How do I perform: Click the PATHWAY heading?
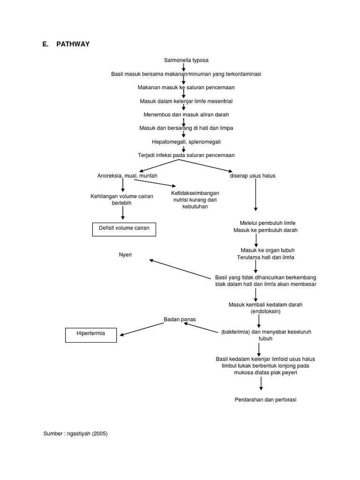(x=73, y=44)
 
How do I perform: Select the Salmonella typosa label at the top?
(x=186, y=60)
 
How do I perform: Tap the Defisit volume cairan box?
(x=124, y=229)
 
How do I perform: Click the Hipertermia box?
(x=90, y=334)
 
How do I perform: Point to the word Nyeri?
(x=125, y=255)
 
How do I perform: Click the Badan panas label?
(x=180, y=319)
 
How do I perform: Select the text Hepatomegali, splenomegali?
(x=186, y=141)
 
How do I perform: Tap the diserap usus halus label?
(x=252, y=176)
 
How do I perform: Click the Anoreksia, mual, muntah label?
(x=127, y=176)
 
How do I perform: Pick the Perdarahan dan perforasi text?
(x=266, y=399)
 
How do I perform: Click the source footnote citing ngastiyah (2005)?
(x=75, y=434)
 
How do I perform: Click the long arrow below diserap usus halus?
(x=255, y=196)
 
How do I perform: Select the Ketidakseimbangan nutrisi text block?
(x=195, y=200)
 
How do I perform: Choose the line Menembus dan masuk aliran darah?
(x=186, y=114)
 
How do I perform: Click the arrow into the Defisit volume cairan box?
(x=123, y=213)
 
